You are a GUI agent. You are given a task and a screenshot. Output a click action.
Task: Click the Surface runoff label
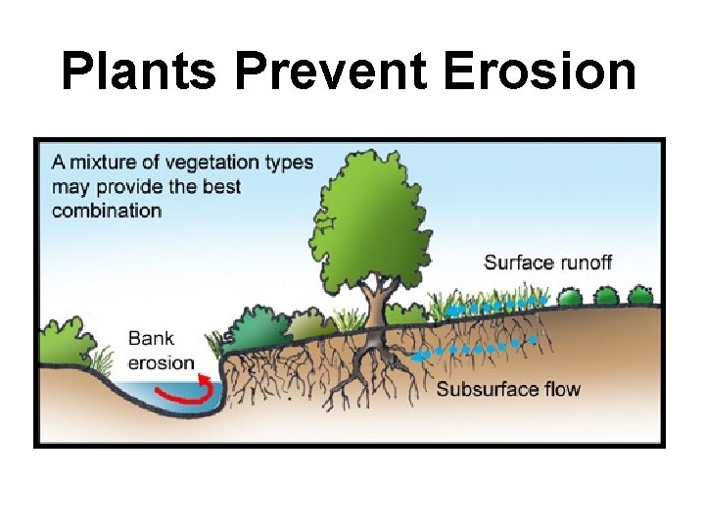point(547,262)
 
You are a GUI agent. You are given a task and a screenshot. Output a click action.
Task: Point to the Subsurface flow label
point(508,389)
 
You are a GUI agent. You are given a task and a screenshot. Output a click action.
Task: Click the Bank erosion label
point(161,350)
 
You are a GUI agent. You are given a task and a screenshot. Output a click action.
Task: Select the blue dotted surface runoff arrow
point(493,307)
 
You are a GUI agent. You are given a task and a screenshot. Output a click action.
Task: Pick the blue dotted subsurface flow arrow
point(475,348)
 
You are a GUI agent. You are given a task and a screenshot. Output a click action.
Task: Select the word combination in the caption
point(107,210)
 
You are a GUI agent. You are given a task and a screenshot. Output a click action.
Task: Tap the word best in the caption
point(223,186)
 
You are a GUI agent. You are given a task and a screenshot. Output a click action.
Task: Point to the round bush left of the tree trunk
point(257,326)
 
